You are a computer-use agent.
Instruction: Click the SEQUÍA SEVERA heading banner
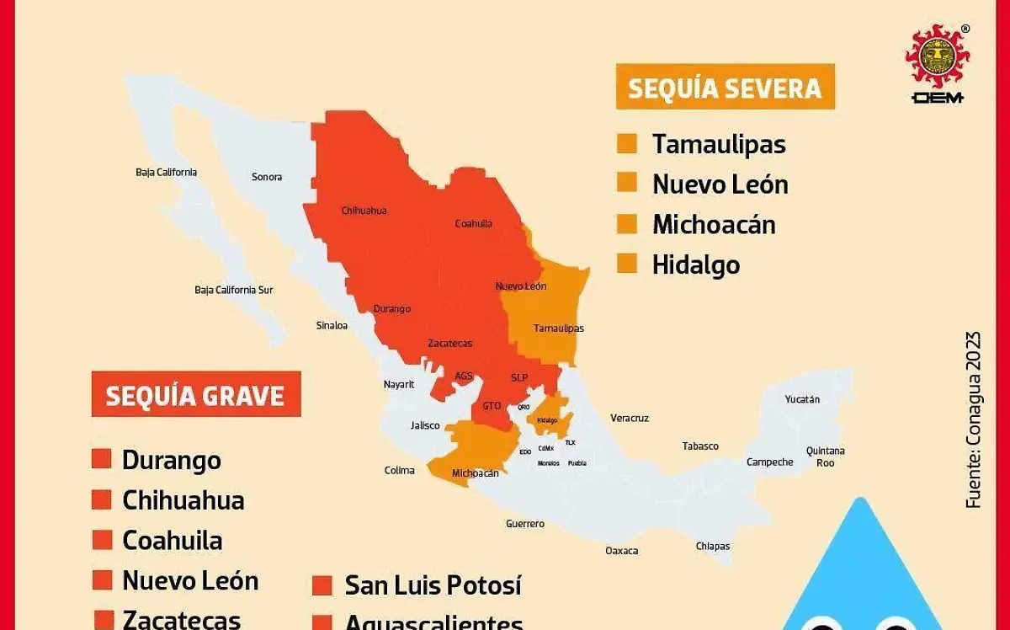coord(725,87)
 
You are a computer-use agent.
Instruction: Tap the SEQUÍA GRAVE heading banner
coord(195,394)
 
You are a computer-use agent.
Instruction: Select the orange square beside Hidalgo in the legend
coord(627,264)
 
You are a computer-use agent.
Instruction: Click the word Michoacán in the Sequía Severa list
coord(714,224)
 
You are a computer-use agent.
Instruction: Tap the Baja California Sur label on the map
coord(234,290)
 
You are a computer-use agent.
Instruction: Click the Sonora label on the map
coord(267,177)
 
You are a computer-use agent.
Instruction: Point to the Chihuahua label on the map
coord(364,211)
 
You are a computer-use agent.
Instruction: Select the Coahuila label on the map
coord(473,224)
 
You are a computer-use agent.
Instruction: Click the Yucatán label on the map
coord(802,399)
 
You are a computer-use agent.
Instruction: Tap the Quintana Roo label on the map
coord(825,456)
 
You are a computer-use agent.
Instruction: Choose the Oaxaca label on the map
coord(621,551)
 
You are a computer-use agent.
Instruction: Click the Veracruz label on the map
coord(630,418)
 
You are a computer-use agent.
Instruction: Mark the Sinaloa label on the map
coord(332,325)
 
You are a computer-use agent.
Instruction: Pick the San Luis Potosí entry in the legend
coord(433,585)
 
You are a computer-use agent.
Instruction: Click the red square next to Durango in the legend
coord(102,460)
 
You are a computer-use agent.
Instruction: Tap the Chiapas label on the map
coord(713,546)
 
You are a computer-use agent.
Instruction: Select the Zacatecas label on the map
coord(449,343)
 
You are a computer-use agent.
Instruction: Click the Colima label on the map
coord(400,470)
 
